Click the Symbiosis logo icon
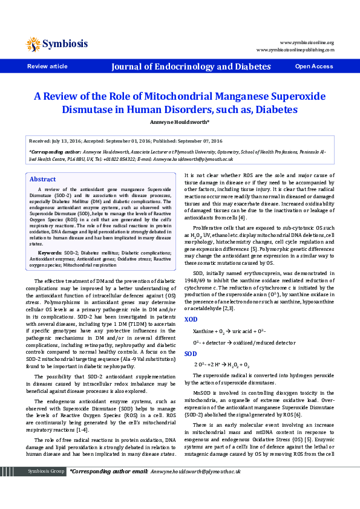[33, 44]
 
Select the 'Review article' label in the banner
[47, 66]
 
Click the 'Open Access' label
[313, 66]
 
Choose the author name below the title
[180, 122]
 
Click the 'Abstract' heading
[43, 180]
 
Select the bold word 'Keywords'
[50, 252]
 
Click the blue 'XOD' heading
[191, 319]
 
